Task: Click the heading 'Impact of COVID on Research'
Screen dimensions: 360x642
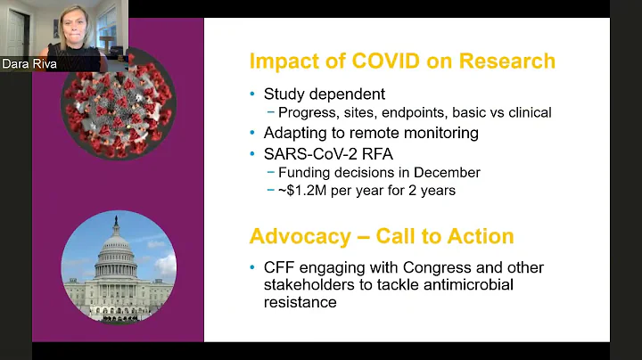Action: click(x=402, y=61)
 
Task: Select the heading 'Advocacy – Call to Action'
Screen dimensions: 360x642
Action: click(x=382, y=236)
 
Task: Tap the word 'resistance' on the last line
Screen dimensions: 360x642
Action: click(x=298, y=303)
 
